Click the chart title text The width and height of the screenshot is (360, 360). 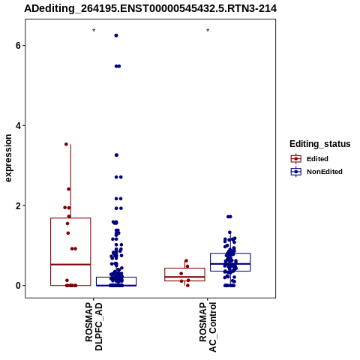151,9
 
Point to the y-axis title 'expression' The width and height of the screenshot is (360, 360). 8,158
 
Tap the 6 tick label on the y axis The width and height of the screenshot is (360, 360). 18,46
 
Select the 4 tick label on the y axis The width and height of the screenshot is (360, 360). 18,125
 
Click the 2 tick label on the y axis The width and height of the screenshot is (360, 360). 18,205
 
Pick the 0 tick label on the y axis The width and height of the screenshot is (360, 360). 18,286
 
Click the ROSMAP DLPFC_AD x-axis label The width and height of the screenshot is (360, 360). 94,327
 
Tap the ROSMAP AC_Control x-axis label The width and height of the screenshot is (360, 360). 208,327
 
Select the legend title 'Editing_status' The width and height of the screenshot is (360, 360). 320,144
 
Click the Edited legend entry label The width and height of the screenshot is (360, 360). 317,159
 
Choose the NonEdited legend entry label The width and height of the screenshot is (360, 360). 325,172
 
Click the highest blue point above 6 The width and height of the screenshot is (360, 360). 116,35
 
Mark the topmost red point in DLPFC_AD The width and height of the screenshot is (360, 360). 66,144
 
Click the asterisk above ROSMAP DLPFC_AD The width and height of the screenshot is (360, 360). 94,31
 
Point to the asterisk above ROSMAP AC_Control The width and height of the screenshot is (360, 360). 208,31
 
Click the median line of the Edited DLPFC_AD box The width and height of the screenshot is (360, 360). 70,264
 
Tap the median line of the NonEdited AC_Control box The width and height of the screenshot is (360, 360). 230,264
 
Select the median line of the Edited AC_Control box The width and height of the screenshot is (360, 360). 184,277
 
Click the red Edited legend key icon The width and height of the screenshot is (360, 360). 296,159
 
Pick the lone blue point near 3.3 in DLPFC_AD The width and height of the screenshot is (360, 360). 116,155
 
